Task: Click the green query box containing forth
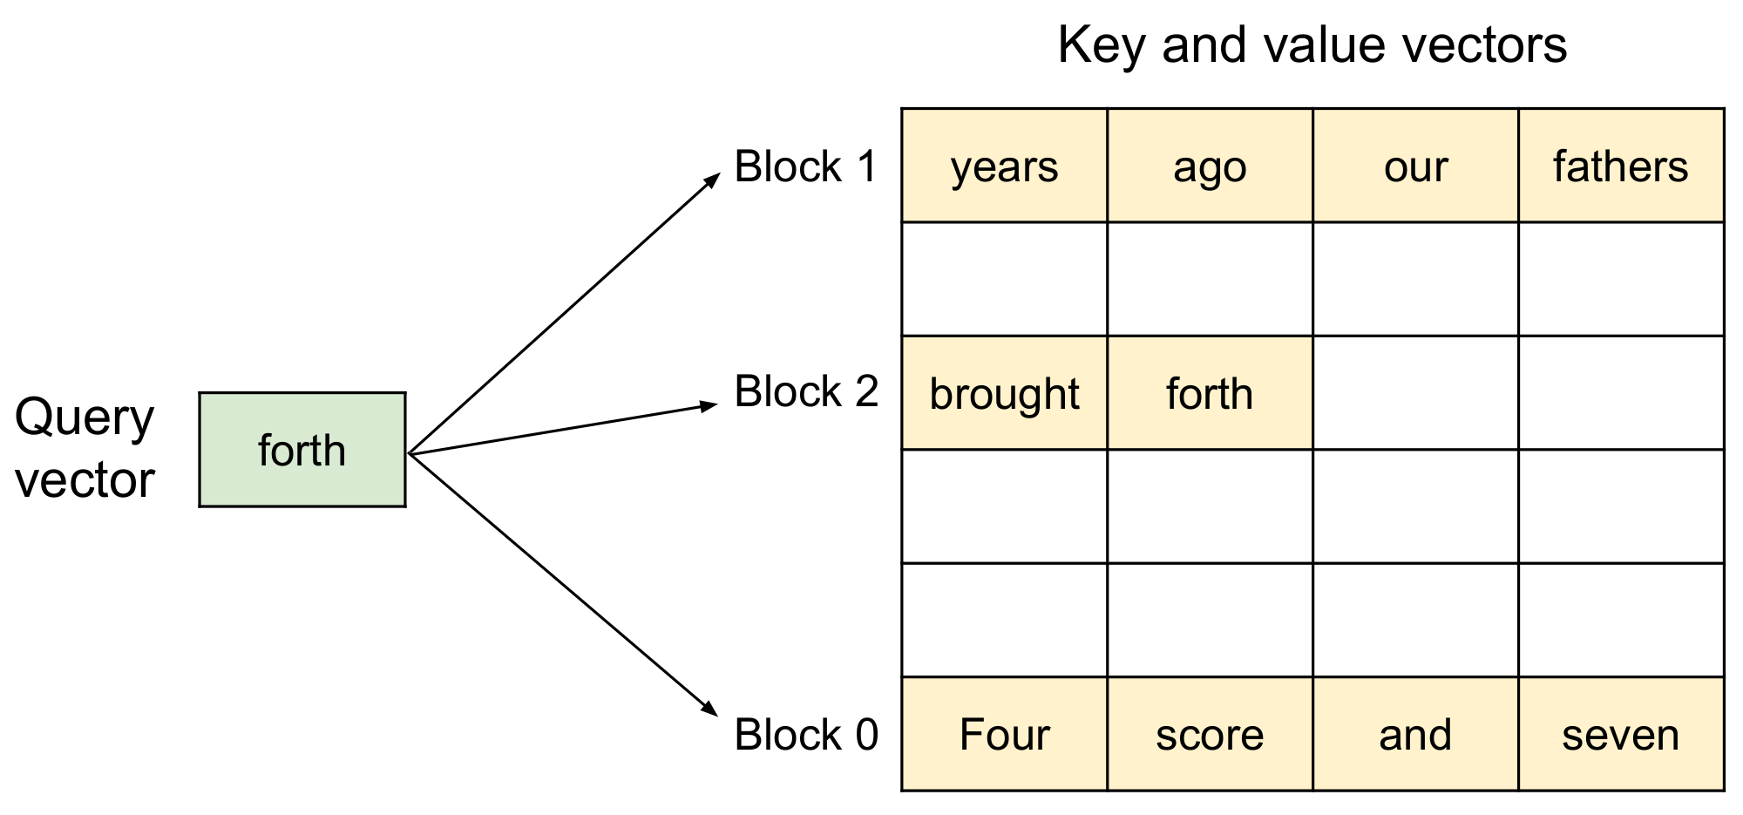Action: (302, 449)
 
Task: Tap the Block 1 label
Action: (805, 166)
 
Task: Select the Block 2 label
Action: (805, 391)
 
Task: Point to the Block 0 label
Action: (805, 735)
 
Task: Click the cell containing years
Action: (1004, 166)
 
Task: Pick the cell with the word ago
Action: (1210, 166)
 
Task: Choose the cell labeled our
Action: (1415, 166)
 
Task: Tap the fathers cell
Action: (1621, 166)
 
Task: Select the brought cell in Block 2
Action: (1004, 393)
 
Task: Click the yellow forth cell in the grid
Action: (1210, 393)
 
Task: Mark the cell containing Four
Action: (1004, 734)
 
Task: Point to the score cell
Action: (1210, 734)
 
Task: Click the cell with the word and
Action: (1415, 734)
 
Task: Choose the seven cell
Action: (1621, 734)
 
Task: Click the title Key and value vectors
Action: (1312, 45)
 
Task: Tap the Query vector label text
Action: (85, 448)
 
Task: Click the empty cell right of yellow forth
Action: (1415, 393)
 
